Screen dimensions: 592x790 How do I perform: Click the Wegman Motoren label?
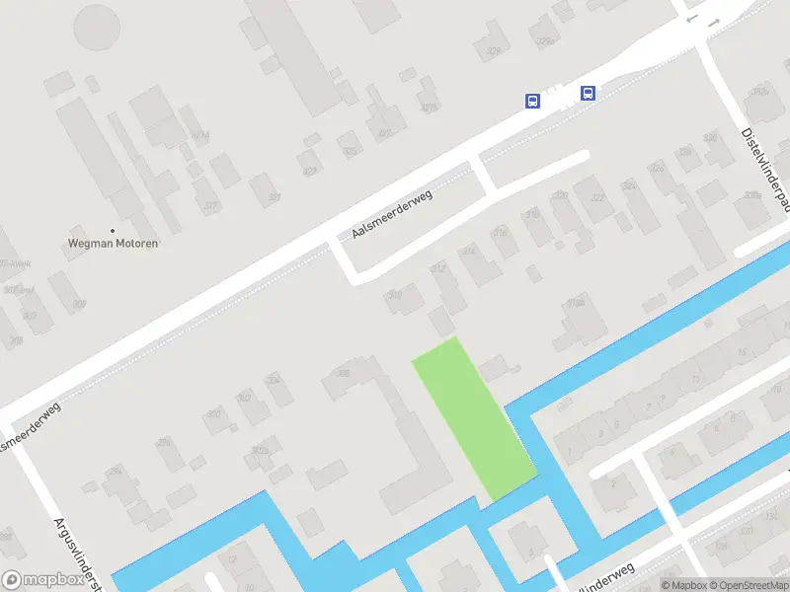click(113, 243)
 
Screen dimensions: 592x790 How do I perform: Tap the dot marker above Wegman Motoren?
click(113, 230)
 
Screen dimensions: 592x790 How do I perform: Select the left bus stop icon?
click(532, 101)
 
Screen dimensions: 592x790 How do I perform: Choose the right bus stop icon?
click(588, 94)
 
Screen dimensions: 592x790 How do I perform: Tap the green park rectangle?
click(474, 416)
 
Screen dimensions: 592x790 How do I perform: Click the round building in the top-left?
click(97, 27)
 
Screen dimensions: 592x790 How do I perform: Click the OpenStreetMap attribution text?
click(747, 585)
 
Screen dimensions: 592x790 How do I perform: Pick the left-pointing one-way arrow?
click(692, 20)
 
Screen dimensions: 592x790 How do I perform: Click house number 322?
click(596, 198)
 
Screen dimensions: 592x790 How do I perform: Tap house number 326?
click(657, 168)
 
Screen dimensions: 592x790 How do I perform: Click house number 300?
click(213, 414)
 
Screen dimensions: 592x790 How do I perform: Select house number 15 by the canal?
click(741, 352)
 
